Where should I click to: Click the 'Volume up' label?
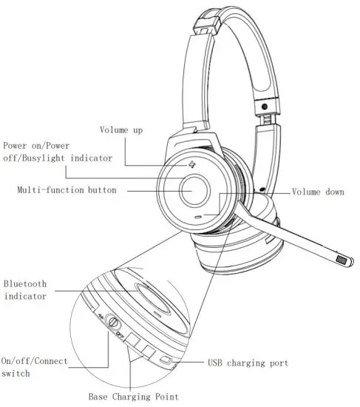[x=122, y=131]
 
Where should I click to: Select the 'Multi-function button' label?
[x=67, y=190]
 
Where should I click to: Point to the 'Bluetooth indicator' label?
[x=26, y=289]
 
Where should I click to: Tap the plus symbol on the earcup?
[x=192, y=164]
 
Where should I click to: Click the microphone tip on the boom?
[x=342, y=260]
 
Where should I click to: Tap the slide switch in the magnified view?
[x=113, y=323]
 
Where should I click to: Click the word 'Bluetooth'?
[x=26, y=283]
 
